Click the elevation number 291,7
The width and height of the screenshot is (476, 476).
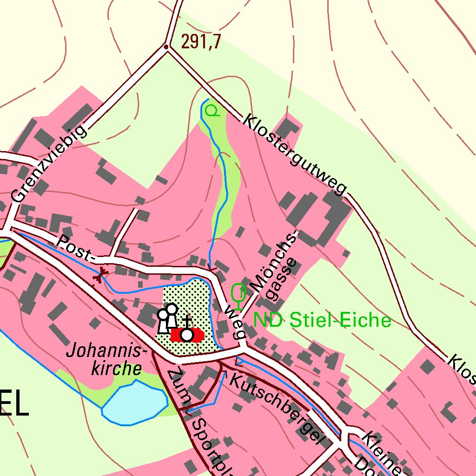pos(200,42)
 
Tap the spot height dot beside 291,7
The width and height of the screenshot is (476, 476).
pos(166,47)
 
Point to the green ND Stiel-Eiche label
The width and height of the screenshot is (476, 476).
pos(322,320)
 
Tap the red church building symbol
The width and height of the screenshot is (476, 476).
pos(187,335)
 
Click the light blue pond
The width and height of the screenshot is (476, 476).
pos(135,403)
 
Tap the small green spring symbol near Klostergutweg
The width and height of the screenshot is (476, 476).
pos(212,111)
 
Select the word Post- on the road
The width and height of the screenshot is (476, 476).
pos(75,247)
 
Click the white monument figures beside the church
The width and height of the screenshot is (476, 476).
pos(167,318)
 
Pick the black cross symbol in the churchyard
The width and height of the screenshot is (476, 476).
pos(186,321)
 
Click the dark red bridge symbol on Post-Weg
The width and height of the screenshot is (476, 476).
pos(99,276)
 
